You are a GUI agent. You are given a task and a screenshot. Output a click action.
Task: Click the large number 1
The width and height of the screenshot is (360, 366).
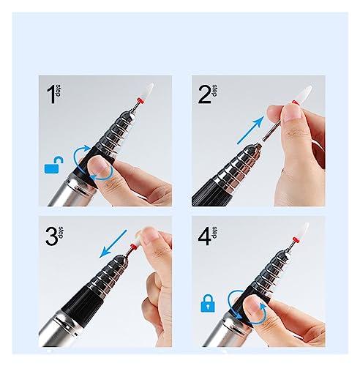tap(51, 94)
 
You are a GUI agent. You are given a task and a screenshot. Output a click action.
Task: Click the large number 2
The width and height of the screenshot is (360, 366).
tap(204, 94)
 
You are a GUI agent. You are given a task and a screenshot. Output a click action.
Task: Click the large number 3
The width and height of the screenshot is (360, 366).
tap(52, 236)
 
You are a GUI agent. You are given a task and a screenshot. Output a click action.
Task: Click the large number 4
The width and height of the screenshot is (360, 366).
tap(204, 236)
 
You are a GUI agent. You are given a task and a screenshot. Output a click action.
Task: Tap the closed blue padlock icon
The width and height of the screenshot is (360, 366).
tap(208, 303)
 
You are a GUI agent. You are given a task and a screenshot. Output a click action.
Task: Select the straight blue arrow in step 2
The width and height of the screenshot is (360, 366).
tap(251, 130)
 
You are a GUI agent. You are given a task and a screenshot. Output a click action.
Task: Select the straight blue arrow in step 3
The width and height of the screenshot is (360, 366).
tap(113, 244)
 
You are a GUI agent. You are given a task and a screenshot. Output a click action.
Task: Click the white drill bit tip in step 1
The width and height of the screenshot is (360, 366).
tap(148, 91)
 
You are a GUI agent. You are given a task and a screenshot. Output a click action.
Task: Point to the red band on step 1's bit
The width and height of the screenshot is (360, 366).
tap(140, 100)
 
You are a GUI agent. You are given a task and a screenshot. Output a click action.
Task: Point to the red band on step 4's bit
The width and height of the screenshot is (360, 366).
tap(295, 239)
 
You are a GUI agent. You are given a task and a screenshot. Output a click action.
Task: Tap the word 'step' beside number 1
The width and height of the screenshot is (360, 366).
tap(59, 91)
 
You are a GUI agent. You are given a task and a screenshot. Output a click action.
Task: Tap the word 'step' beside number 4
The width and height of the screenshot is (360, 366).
tap(214, 233)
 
